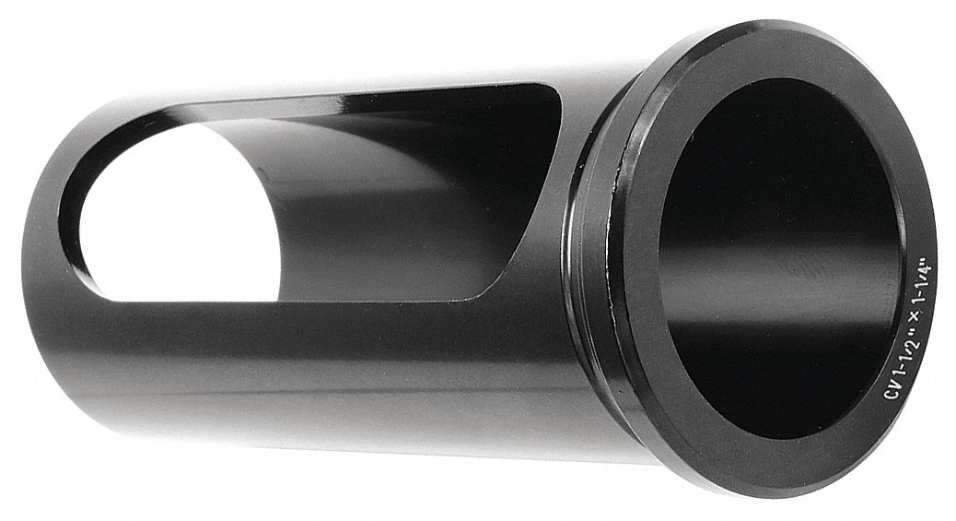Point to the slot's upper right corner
(551, 92)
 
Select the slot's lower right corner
(479, 293)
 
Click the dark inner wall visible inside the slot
(387, 203)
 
